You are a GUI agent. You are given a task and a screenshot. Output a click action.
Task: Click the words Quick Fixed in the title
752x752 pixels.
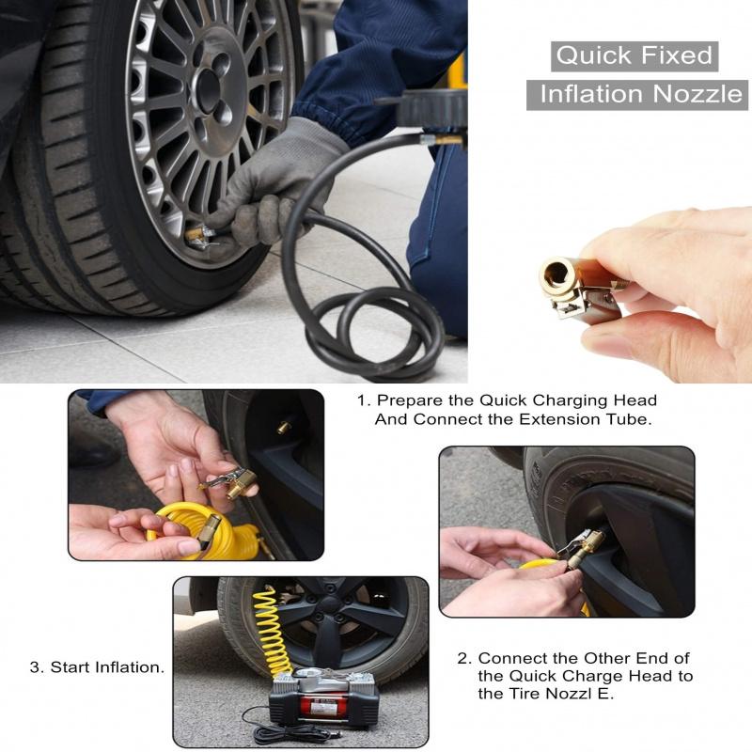[634, 55]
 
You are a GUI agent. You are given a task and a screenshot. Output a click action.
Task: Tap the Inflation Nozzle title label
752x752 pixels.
[640, 94]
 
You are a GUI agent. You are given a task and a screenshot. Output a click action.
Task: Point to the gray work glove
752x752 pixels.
[282, 179]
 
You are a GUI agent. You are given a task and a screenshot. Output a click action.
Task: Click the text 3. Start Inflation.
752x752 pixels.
[97, 667]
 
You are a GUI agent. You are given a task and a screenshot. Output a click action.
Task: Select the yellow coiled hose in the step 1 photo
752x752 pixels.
[211, 526]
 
